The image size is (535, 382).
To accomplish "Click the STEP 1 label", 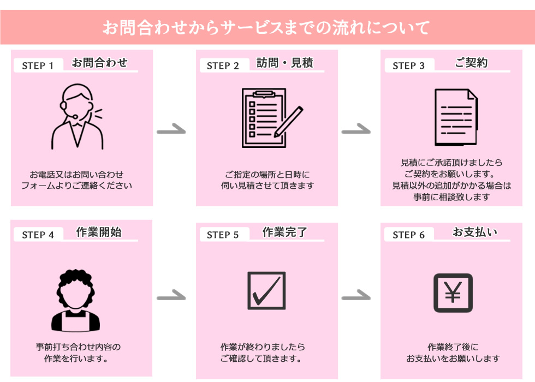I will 38,66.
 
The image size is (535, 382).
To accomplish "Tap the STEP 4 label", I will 38,235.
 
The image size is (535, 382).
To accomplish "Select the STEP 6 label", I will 408,235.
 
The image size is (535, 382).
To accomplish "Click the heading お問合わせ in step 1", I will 99,63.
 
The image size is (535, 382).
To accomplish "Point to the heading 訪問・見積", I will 285,63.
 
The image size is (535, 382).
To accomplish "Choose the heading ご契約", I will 471,63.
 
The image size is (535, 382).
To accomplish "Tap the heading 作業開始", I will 99,232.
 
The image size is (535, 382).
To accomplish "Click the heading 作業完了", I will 285,232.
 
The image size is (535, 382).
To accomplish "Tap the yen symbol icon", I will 453,293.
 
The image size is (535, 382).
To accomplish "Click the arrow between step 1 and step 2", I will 171,130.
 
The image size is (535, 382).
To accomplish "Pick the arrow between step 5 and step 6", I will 356,297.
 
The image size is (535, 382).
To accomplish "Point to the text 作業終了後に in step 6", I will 453,347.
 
